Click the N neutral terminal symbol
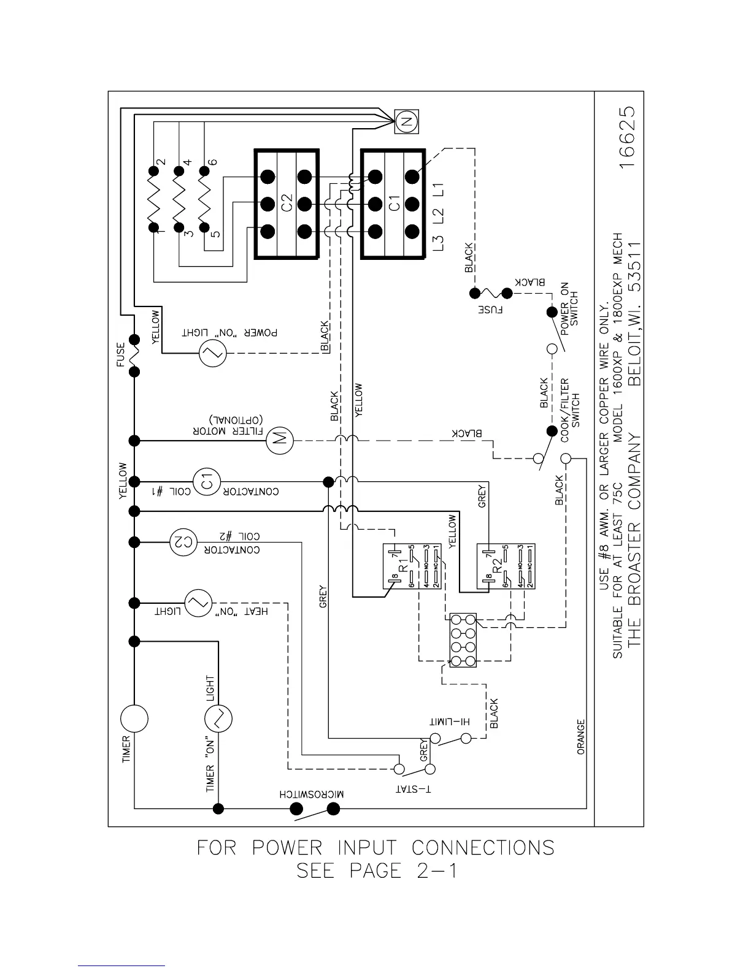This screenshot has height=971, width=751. [x=406, y=122]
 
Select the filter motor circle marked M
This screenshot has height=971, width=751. [x=280, y=439]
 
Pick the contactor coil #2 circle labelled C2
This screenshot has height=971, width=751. [x=182, y=541]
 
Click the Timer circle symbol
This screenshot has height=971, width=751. [x=134, y=718]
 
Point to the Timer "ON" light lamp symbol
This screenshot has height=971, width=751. [x=218, y=718]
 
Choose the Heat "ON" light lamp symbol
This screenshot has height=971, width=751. [x=198, y=603]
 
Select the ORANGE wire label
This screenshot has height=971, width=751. [x=581, y=737]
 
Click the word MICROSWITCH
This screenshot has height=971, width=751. [x=312, y=794]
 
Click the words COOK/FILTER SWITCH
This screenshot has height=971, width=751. [x=570, y=403]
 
